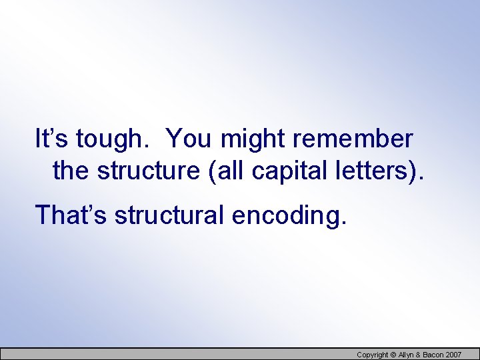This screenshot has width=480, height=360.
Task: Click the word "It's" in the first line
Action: click(x=51, y=139)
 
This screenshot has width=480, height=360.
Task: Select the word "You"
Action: click(x=189, y=139)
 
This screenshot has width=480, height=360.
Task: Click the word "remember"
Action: click(x=353, y=139)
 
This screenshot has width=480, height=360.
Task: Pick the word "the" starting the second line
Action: click(x=71, y=171)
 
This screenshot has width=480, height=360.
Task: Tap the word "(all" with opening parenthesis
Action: click(x=227, y=171)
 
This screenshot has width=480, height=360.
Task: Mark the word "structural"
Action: click(x=166, y=215)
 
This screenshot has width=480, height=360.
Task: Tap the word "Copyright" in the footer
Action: click(x=372, y=355)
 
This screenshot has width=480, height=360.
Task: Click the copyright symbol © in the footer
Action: click(x=393, y=355)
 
